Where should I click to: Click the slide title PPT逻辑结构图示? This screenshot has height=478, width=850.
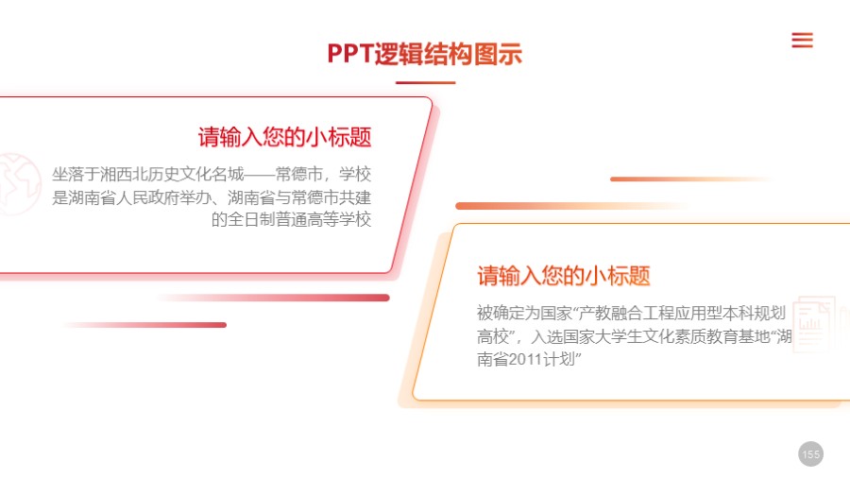click(x=424, y=54)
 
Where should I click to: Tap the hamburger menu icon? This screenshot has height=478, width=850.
click(x=802, y=40)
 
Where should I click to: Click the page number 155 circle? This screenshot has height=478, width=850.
click(x=810, y=454)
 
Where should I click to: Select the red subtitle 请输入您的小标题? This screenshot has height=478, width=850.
click(x=284, y=137)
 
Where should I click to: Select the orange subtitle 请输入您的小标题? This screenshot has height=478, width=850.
click(x=564, y=276)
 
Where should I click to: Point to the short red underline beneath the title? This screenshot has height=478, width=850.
click(x=425, y=83)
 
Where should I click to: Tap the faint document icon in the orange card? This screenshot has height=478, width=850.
click(x=813, y=324)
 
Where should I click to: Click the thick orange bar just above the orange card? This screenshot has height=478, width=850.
click(x=567, y=206)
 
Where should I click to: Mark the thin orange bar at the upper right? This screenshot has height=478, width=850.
click(x=689, y=179)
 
